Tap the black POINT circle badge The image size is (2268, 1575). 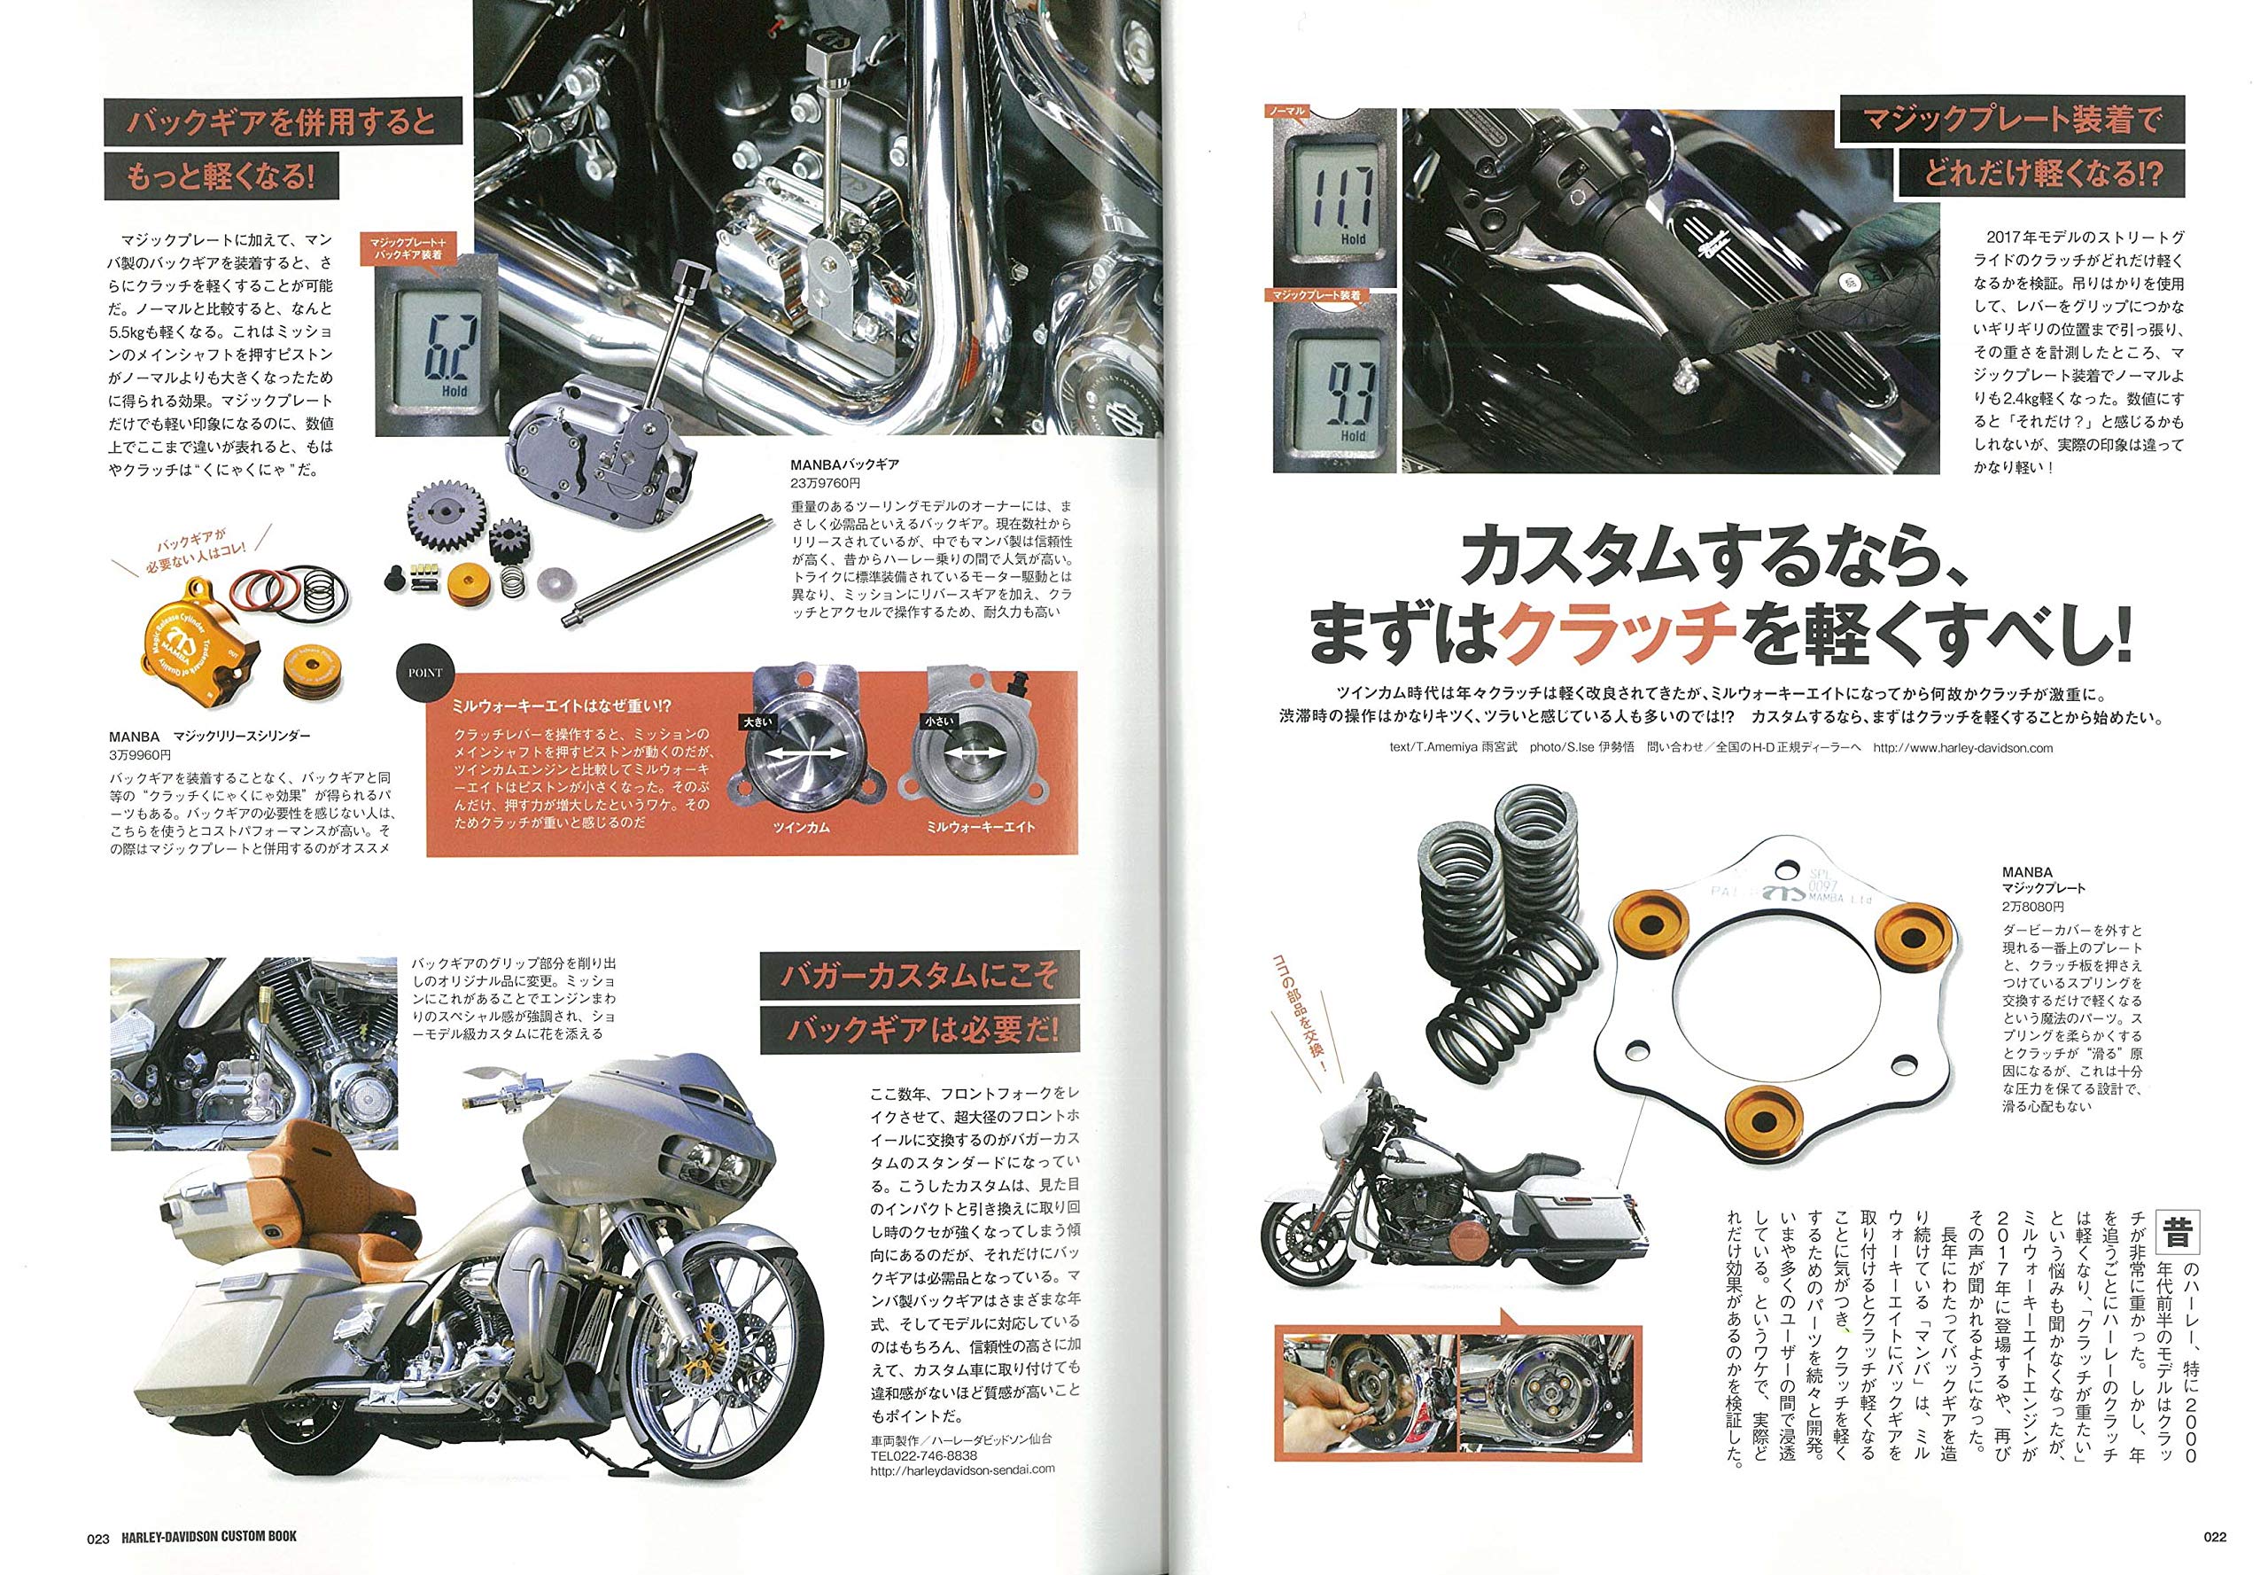click(425, 672)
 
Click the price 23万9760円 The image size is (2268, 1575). click(825, 484)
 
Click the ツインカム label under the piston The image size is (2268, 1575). click(800, 827)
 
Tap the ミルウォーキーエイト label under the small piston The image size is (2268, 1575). click(980, 827)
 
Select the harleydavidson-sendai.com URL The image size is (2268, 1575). click(962, 1469)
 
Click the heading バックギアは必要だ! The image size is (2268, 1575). click(920, 1030)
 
